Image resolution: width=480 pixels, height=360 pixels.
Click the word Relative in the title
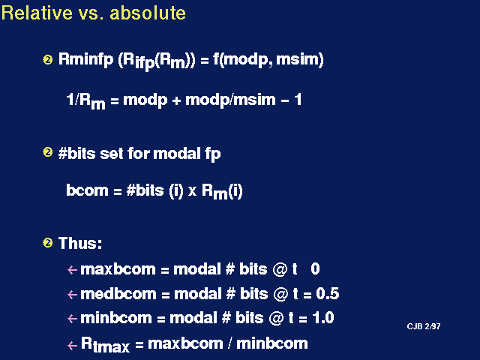[x=37, y=13]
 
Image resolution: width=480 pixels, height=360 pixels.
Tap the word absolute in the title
[x=148, y=13]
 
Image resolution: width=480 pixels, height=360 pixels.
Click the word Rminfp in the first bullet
[x=85, y=60]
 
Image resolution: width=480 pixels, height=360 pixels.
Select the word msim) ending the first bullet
[x=300, y=59]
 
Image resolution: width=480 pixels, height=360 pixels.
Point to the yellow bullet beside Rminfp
[x=48, y=59]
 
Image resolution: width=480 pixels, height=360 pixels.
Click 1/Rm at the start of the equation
[x=85, y=100]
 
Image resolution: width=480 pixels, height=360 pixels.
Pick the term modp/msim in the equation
[x=230, y=100]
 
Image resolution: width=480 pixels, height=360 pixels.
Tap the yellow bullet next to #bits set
[x=48, y=152]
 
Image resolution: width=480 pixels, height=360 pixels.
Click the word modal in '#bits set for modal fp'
[x=177, y=153]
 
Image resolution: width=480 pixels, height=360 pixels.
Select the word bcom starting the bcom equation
[x=87, y=190]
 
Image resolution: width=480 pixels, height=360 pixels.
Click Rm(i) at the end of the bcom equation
[x=222, y=192]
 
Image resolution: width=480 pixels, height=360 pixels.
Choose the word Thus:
[x=80, y=243]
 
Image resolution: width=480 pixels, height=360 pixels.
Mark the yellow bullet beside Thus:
[x=48, y=243]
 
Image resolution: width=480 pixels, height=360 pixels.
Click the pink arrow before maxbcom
[x=72, y=270]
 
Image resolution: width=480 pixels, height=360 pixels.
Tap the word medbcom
[x=118, y=294]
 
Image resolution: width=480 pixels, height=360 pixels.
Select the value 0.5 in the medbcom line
[x=328, y=293]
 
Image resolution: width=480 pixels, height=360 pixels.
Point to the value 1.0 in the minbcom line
[x=323, y=318]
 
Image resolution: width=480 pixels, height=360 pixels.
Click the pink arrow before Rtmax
[x=72, y=346]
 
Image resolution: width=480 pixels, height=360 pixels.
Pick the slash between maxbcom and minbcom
[x=229, y=343]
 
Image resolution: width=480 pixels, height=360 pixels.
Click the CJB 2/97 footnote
[x=424, y=326]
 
